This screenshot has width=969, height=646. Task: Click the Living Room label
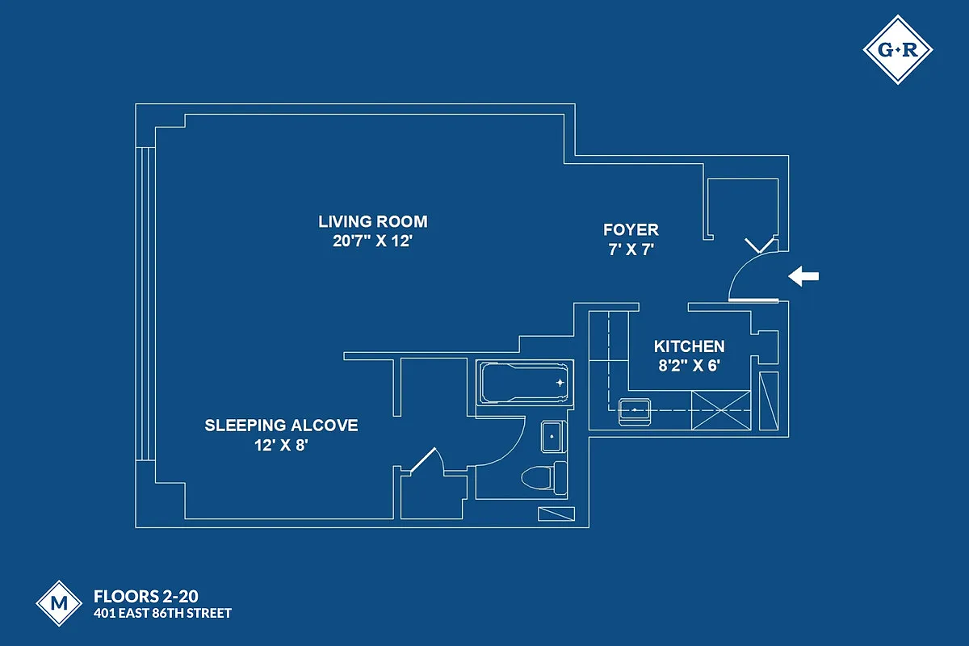pyautogui.click(x=372, y=221)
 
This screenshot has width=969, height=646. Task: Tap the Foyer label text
pyautogui.click(x=631, y=230)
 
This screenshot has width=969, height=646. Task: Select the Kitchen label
pyautogui.click(x=689, y=346)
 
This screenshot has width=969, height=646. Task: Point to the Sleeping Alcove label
pyautogui.click(x=281, y=426)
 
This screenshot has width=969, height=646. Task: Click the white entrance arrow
pyautogui.click(x=803, y=277)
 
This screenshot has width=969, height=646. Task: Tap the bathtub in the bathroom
pyautogui.click(x=524, y=382)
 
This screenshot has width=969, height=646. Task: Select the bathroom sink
pyautogui.click(x=553, y=437)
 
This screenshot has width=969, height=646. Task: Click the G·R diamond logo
pyautogui.click(x=897, y=50)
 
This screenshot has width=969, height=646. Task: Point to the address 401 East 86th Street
pyautogui.click(x=162, y=614)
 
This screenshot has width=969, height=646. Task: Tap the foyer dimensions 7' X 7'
pyautogui.click(x=631, y=250)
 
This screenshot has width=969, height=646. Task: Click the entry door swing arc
pyautogui.click(x=741, y=267)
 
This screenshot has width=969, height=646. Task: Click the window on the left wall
pyautogui.click(x=145, y=303)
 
